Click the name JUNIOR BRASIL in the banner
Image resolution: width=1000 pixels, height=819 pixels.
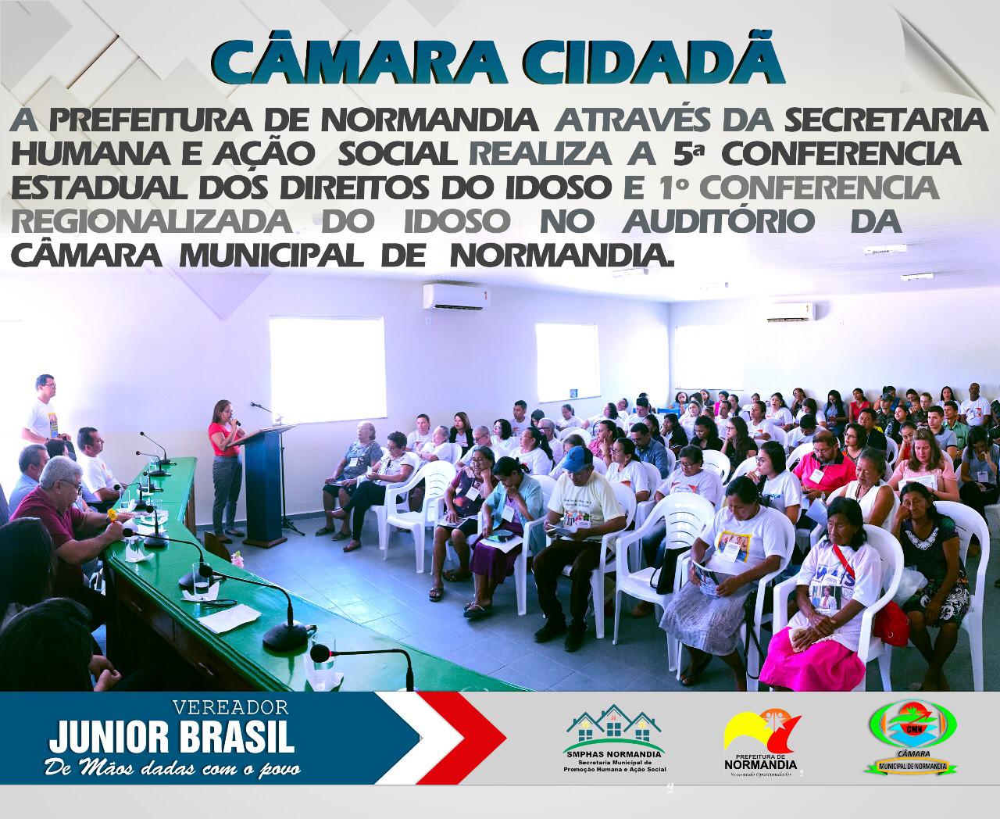(172, 737)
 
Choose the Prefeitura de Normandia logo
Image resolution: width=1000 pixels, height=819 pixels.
(761, 742)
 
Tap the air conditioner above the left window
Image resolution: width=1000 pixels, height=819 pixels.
(461, 297)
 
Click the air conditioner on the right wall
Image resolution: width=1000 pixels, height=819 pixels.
(789, 312)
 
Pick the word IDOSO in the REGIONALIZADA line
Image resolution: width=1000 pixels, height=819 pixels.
(458, 221)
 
